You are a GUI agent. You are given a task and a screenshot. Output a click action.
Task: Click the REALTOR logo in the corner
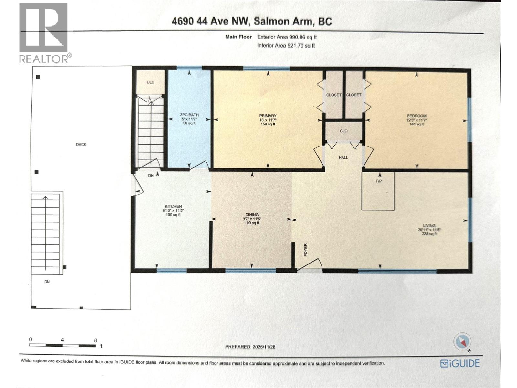pyautogui.click(x=43, y=32)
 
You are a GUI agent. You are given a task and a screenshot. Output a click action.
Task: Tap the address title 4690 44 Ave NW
pyautogui.click(x=252, y=21)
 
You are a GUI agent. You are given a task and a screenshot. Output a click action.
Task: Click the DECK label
pyautogui.click(x=81, y=145)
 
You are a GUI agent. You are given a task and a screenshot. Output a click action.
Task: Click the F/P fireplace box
pyautogui.click(x=378, y=191)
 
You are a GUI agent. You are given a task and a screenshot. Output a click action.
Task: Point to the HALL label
pyautogui.click(x=343, y=157)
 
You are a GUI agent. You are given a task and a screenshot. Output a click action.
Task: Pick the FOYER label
pyautogui.click(x=306, y=250)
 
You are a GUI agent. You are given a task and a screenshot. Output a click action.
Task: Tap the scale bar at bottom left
pyautogui.click(x=63, y=345)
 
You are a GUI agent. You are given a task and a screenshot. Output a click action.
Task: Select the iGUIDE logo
pyautogui.click(x=460, y=363)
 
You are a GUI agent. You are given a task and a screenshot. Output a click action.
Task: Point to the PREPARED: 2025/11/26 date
pyautogui.click(x=250, y=347)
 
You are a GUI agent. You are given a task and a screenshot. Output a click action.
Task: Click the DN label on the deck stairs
pyautogui.click(x=47, y=282)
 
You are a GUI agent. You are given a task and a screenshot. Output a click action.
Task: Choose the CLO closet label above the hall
pyautogui.click(x=343, y=131)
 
